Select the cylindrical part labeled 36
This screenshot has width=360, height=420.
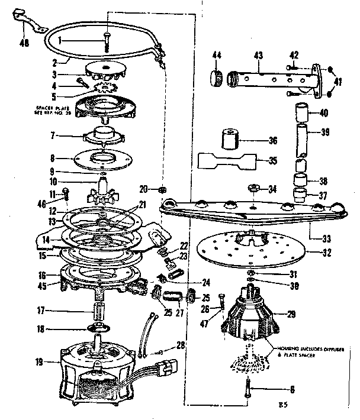tap(229, 140)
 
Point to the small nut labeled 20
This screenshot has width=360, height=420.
tap(162, 189)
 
